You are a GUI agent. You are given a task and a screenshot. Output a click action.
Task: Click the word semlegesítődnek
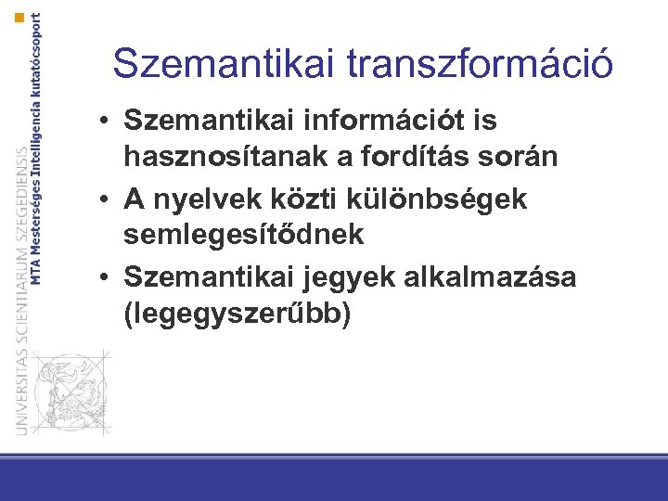pos(243,236)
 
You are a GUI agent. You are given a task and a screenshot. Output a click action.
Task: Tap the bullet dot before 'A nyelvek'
pos(109,199)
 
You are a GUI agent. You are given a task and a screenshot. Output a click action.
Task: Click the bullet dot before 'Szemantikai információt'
pos(109,122)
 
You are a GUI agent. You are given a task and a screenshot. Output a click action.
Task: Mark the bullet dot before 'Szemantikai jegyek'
pos(109,277)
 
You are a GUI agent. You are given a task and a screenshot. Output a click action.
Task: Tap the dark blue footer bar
pos(334,480)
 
